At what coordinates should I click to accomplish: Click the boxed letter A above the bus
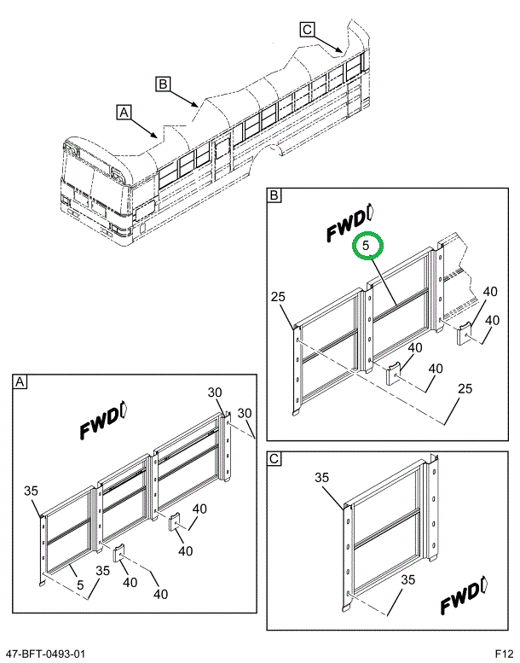pyautogui.click(x=125, y=111)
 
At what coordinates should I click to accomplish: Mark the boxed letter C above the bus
pyautogui.click(x=308, y=30)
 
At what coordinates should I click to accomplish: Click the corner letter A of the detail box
pyautogui.click(x=19, y=383)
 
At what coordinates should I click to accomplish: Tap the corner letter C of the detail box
pyautogui.click(x=274, y=459)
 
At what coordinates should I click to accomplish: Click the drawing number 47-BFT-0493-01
pyautogui.click(x=44, y=654)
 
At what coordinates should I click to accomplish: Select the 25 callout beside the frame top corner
pyautogui.click(x=278, y=296)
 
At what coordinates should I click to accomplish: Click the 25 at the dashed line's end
pyautogui.click(x=464, y=389)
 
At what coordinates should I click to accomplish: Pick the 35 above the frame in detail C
pyautogui.click(x=323, y=477)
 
